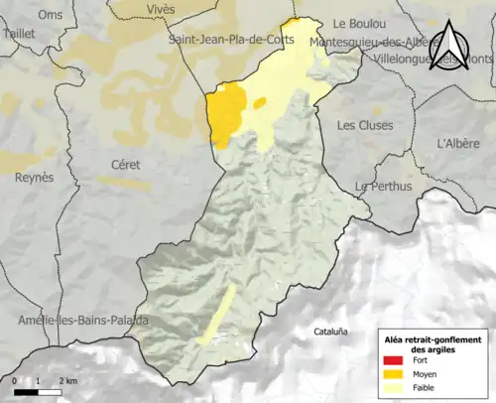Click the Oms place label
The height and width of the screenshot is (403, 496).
coord(49,14)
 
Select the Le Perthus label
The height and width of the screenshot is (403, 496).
coord(381,187)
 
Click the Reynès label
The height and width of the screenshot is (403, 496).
coord(34,178)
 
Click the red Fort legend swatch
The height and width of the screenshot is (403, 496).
coord(394,361)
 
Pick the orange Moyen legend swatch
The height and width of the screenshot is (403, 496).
coord(394,375)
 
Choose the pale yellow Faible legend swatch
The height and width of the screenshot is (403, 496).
coord(394,389)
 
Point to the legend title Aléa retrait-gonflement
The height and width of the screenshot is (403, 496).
coord(433,340)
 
